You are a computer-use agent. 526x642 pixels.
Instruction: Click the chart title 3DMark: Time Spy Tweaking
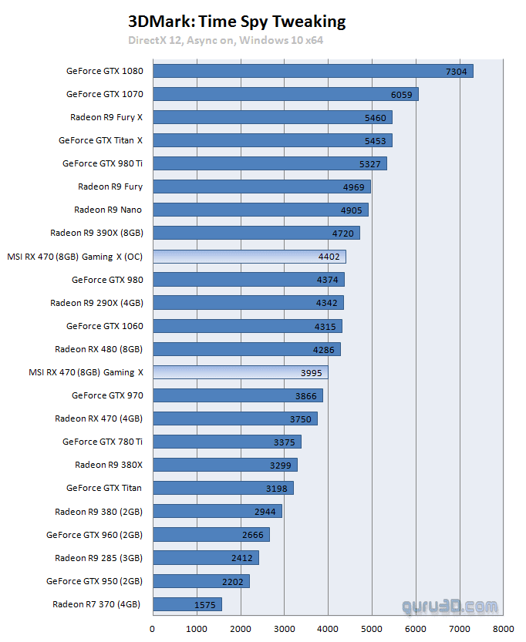(237, 22)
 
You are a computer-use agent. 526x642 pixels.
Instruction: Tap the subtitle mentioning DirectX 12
(225, 39)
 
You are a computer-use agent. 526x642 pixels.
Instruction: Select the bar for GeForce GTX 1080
(312, 72)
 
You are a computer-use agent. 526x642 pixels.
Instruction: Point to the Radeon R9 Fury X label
(106, 117)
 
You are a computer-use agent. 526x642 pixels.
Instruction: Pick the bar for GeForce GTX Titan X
(272, 141)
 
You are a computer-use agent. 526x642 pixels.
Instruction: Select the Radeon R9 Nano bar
(260, 210)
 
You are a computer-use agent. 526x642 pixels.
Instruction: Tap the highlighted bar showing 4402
(249, 257)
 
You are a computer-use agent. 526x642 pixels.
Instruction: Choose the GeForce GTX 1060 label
(104, 326)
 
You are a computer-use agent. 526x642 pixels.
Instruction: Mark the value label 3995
(311, 373)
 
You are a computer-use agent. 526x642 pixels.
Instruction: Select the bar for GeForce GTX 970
(238, 395)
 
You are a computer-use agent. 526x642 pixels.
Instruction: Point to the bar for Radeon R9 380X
(224, 465)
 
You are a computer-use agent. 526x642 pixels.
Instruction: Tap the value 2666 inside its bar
(252, 535)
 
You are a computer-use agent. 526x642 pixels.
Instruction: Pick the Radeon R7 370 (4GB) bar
(187, 604)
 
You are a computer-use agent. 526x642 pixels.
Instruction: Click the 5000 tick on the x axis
(372, 628)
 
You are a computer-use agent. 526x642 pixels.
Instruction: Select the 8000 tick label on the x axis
(504, 628)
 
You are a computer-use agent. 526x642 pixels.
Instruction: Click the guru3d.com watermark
(450, 607)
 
